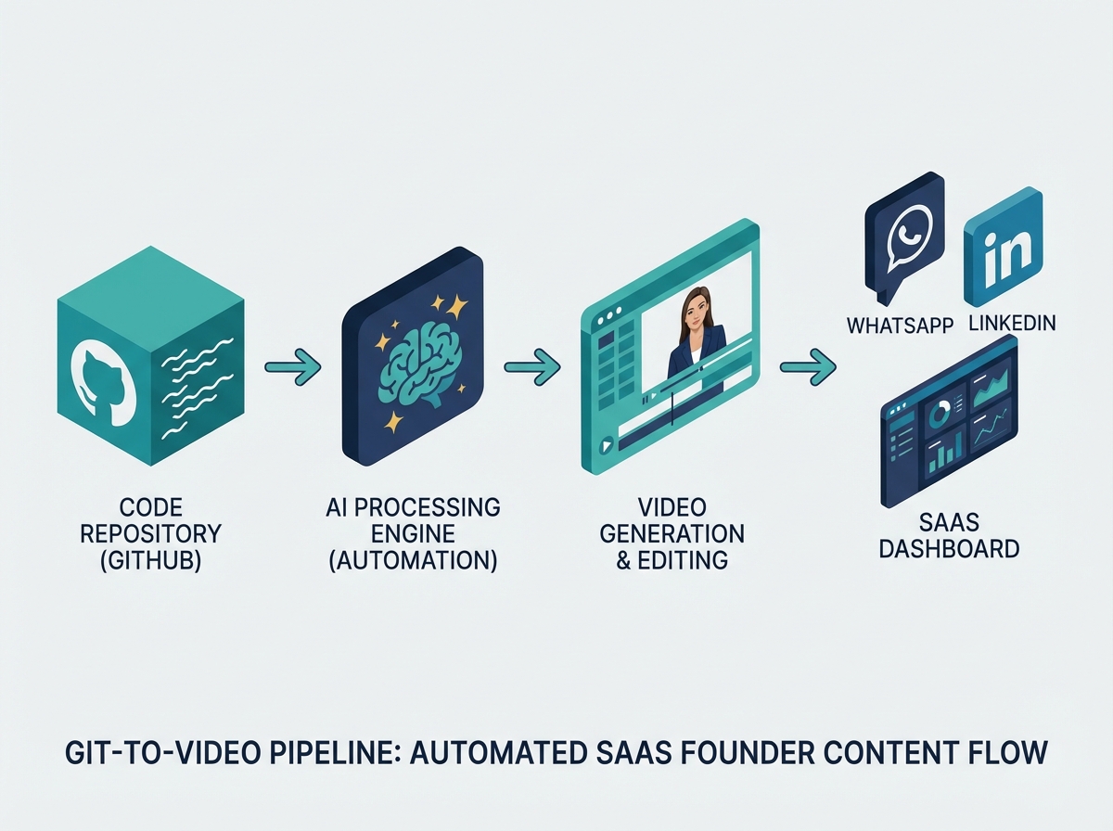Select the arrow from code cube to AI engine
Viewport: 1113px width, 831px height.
[292, 368]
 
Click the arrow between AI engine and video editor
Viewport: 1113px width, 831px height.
[531, 366]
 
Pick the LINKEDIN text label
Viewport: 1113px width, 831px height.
[1013, 325]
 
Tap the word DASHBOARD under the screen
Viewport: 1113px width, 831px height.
[949, 548]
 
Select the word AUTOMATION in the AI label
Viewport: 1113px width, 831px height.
[414, 560]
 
